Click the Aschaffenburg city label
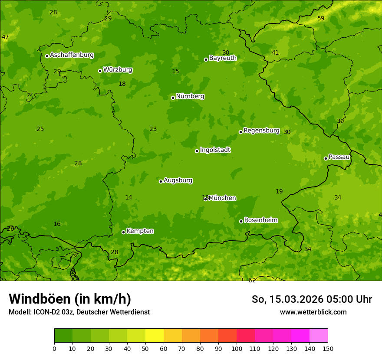pos(72,55)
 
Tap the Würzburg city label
pos(118,70)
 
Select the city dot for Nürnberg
pos(173,98)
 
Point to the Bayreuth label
pos(223,58)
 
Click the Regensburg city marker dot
pos(240,132)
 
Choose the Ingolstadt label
pos(215,150)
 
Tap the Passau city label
pos(339,157)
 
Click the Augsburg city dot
pos(161,181)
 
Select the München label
pos(222,198)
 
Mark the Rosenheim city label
pos(260,220)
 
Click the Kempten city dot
pos(123,232)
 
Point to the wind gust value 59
pos(321,18)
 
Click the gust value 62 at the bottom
pos(252,280)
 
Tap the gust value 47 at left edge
pos(5,37)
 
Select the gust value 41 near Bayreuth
pos(275,53)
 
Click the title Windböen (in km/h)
pos(70,299)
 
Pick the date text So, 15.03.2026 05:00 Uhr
pos(312,299)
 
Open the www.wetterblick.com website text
pos(313,312)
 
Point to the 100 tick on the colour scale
pos(237,348)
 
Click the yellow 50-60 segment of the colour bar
pos(155,336)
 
